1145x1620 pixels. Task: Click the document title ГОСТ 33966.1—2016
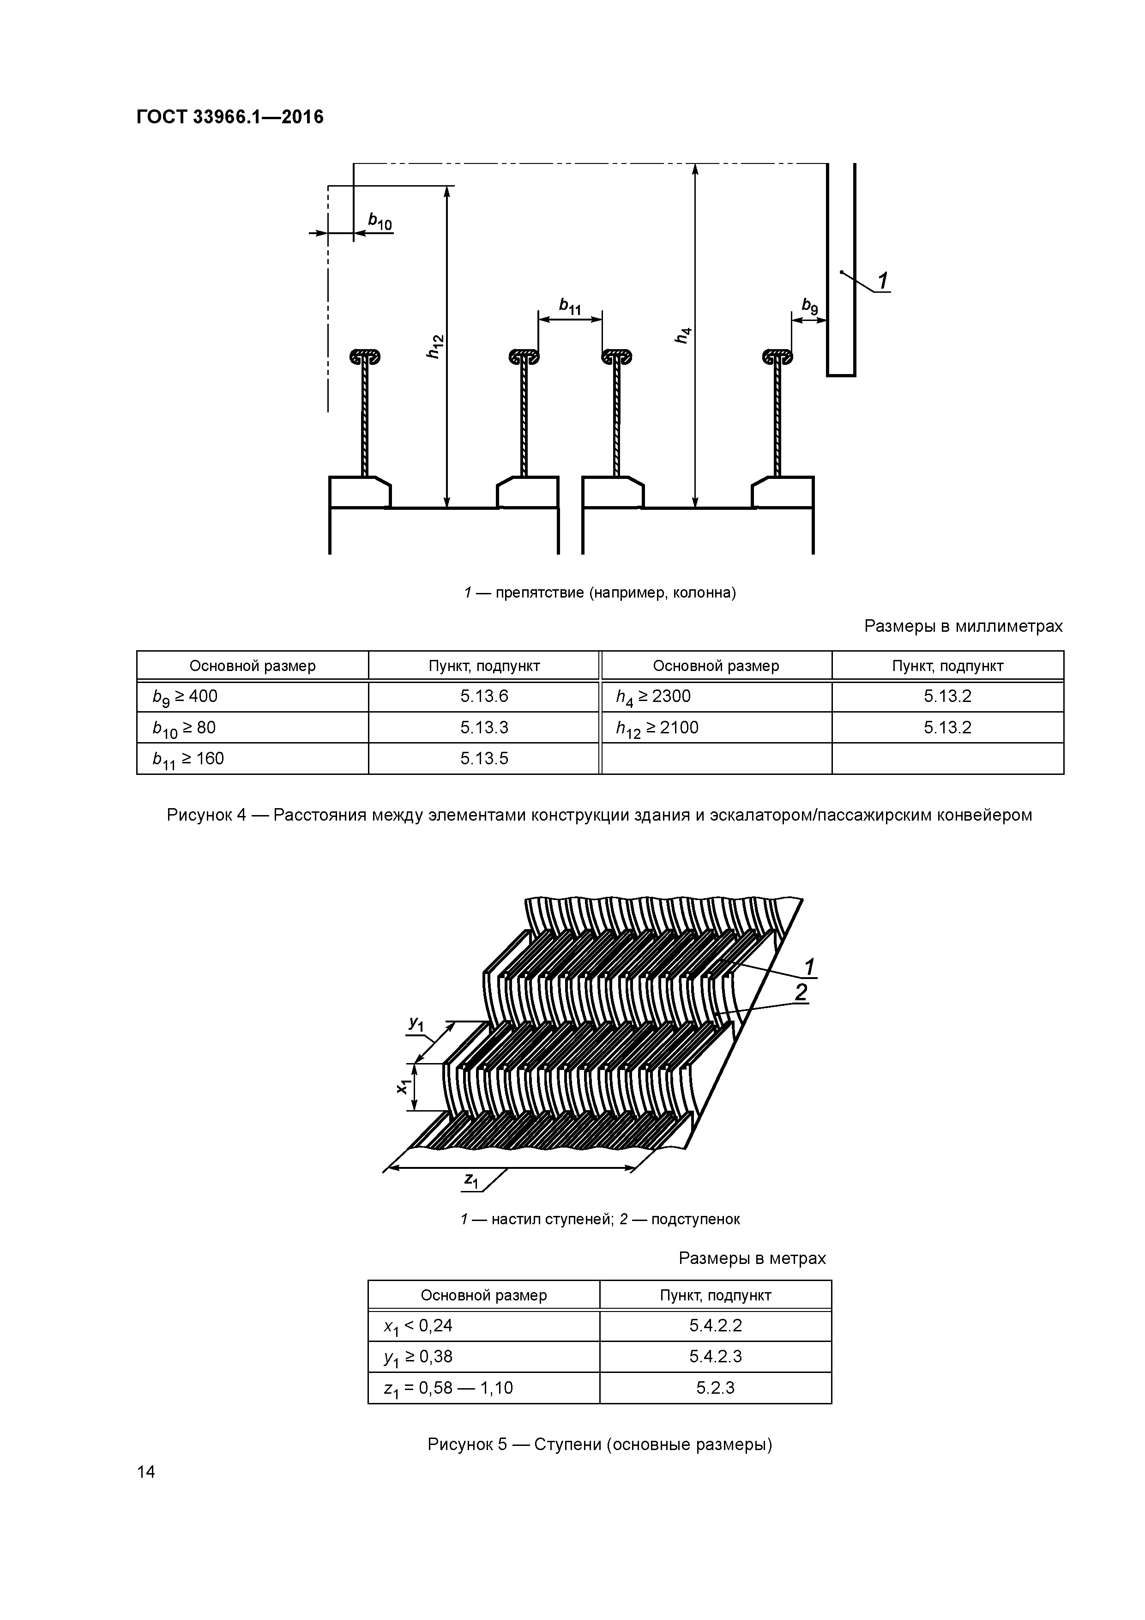click(x=229, y=117)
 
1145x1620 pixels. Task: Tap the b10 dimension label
click(x=380, y=222)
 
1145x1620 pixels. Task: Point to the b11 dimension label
click(x=569, y=306)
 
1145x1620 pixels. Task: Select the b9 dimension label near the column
click(x=809, y=306)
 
